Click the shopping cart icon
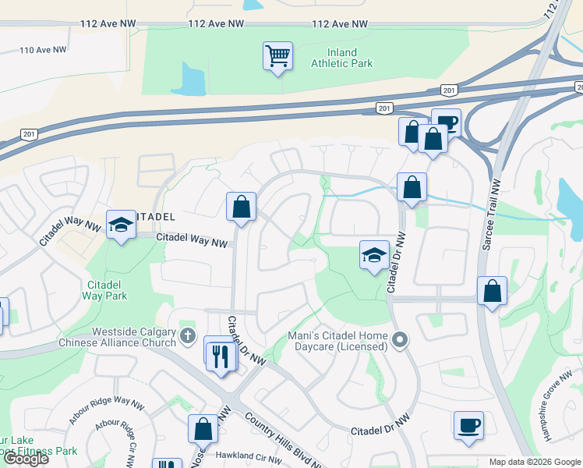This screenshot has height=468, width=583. (277, 56)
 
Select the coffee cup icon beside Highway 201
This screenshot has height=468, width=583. (446, 122)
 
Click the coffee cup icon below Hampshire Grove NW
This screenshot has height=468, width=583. (468, 426)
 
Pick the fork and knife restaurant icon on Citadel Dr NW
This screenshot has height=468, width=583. (221, 356)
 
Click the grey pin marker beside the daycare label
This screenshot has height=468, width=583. (400, 339)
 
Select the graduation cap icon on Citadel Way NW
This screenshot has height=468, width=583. (121, 225)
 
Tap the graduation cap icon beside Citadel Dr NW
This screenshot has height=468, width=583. (374, 254)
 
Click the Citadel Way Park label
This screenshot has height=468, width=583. (105, 290)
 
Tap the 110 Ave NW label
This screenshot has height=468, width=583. (43, 50)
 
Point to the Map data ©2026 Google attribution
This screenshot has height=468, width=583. (535, 462)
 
